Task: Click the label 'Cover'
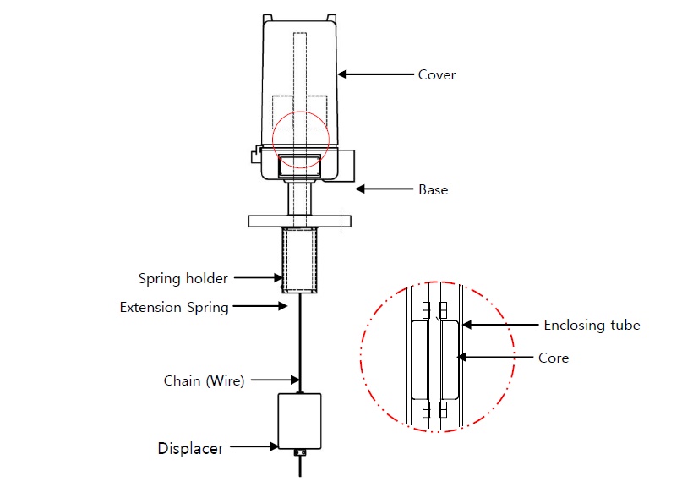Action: [x=437, y=74]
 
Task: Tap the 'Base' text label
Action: [x=434, y=189]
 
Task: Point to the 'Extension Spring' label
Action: [x=174, y=307]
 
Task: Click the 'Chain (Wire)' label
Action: [x=204, y=380]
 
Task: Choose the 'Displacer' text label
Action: [x=191, y=448]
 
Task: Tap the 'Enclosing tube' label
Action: [x=592, y=325]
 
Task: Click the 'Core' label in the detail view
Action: [x=554, y=358]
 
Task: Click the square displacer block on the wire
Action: [x=299, y=421]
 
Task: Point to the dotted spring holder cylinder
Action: [x=299, y=259]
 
